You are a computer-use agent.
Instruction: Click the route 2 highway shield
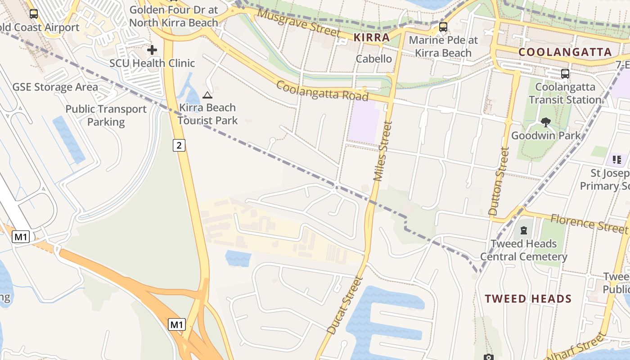[x=179, y=145]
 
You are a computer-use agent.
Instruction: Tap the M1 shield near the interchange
[x=177, y=324]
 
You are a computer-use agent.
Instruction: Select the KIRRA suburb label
[x=372, y=37]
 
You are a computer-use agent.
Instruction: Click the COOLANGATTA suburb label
[x=565, y=52]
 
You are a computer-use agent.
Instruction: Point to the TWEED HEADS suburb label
[x=528, y=299]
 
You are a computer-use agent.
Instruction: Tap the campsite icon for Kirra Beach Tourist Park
[x=207, y=95]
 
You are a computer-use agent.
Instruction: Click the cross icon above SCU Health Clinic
[x=152, y=49]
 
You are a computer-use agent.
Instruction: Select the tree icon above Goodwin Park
[x=546, y=122]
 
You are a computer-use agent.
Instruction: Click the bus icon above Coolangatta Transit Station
[x=565, y=73]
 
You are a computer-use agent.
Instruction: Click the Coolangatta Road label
[x=322, y=90]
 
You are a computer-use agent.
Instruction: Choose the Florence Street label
[x=589, y=223]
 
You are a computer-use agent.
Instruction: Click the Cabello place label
[x=373, y=58]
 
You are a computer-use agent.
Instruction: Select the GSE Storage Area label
[x=55, y=87]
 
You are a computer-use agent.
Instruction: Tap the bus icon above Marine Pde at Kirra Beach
[x=443, y=27]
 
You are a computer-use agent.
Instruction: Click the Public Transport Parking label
[x=106, y=115]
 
